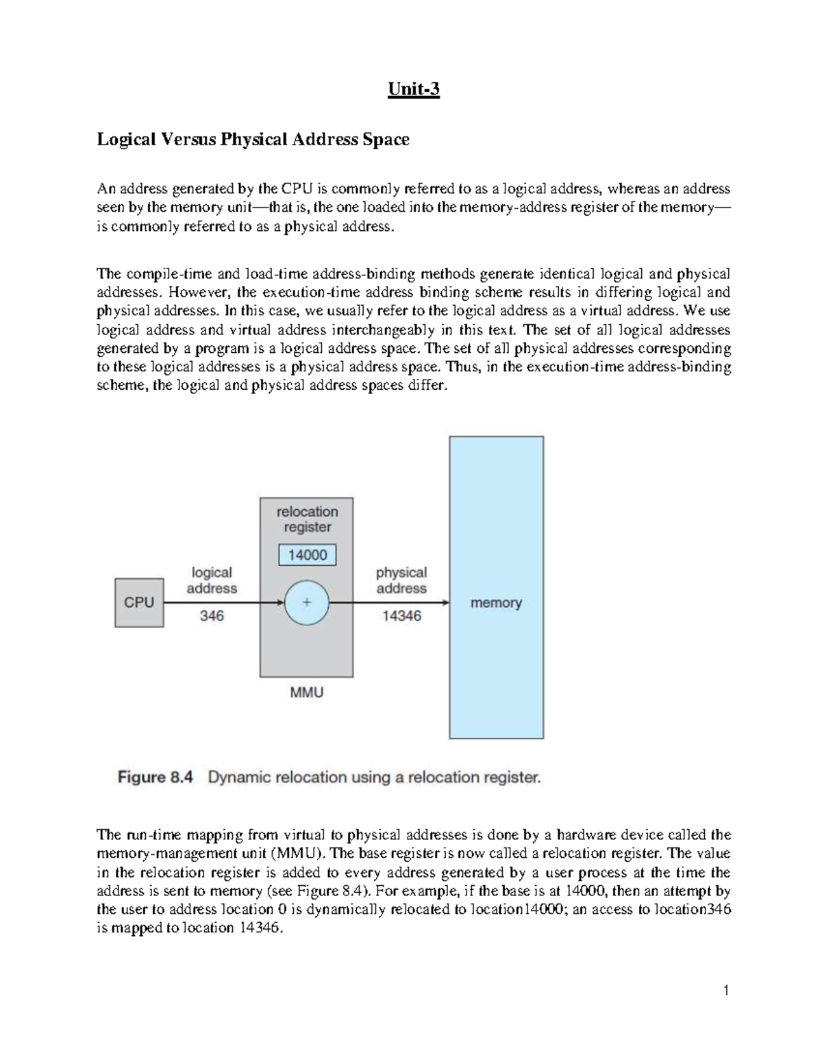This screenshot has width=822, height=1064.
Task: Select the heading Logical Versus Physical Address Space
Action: [253, 139]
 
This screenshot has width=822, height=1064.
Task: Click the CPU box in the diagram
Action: [139, 602]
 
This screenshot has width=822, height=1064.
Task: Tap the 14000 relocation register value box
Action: [308, 555]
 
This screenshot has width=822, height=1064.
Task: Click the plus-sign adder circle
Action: [307, 603]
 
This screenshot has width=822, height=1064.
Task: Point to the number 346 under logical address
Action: [212, 616]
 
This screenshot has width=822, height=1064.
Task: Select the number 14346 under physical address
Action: [401, 616]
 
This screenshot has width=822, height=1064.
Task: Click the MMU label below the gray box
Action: [307, 693]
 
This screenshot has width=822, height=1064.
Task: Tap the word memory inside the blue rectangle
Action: [496, 603]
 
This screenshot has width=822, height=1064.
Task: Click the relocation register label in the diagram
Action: [307, 519]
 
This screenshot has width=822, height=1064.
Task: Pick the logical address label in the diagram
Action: [212, 580]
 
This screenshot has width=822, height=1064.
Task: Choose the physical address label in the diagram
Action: [401, 580]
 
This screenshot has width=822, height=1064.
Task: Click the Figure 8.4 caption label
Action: [156, 778]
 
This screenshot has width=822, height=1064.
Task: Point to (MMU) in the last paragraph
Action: [295, 854]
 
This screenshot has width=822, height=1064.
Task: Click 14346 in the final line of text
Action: [260, 928]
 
